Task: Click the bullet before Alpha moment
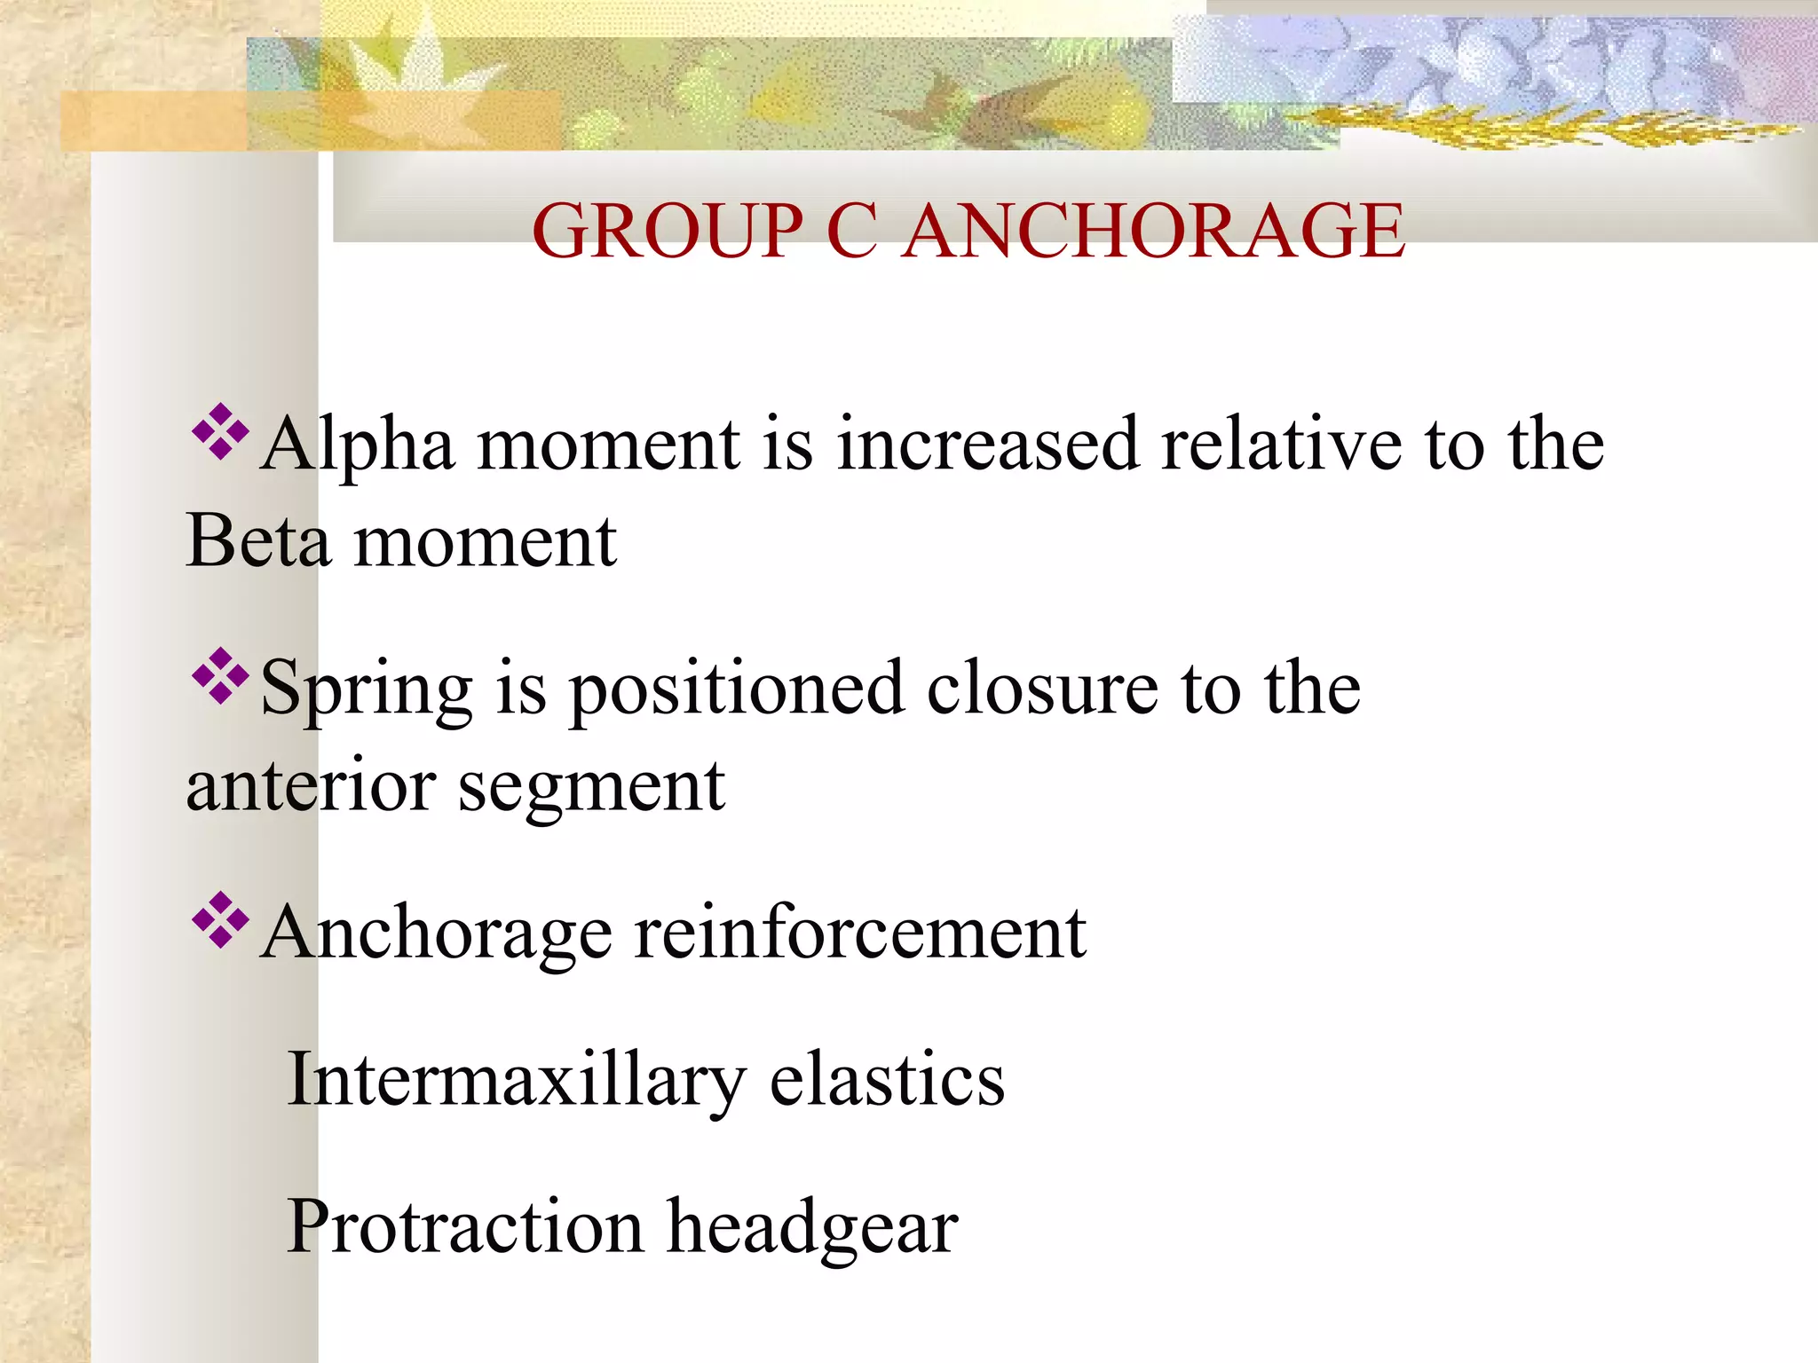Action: click(x=219, y=432)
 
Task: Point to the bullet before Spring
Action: click(x=219, y=676)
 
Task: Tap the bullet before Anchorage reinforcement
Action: click(x=219, y=920)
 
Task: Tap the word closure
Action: click(x=1042, y=689)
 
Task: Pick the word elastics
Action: click(x=887, y=1080)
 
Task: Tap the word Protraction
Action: click(x=465, y=1226)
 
